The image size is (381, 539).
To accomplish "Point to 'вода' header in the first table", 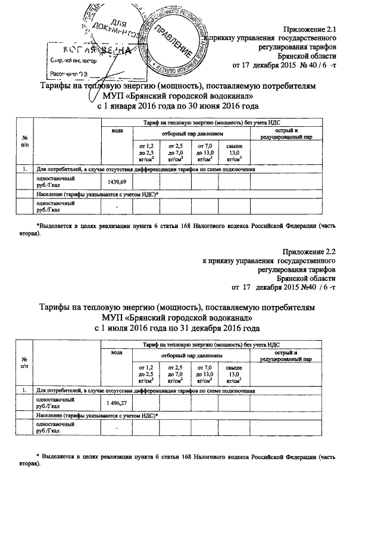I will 117,130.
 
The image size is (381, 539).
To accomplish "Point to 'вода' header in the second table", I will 117,353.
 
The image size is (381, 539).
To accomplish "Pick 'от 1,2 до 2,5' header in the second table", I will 146,374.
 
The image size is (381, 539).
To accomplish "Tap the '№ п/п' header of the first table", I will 24,141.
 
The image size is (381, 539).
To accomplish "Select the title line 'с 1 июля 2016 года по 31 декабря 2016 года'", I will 178,328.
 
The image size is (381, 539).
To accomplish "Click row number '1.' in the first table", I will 25,169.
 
